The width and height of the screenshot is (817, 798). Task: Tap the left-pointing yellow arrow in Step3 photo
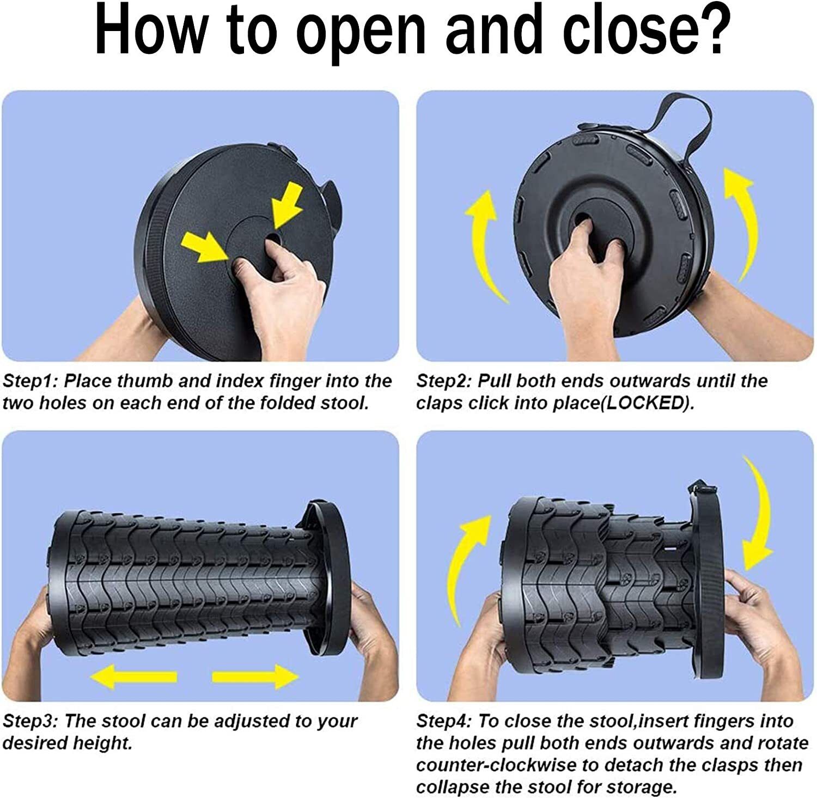tap(133, 677)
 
